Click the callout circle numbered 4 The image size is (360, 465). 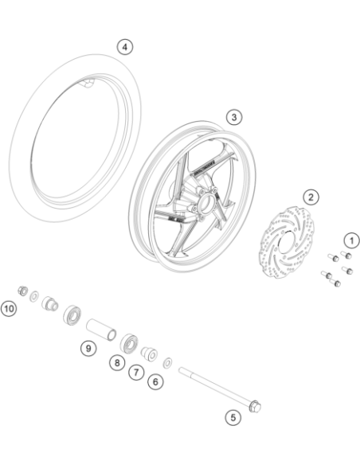point(125,47)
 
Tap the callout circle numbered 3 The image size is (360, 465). point(234,117)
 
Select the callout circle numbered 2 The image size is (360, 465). point(311,197)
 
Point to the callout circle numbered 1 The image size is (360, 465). point(352,240)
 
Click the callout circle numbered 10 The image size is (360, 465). point(9,309)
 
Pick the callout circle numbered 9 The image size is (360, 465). point(88,348)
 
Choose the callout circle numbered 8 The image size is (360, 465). point(117,362)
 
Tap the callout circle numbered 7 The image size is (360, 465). point(136,372)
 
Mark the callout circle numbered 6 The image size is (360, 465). point(155,381)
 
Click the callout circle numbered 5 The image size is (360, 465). point(233,417)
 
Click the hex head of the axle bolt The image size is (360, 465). point(255,406)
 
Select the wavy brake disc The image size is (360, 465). point(287,243)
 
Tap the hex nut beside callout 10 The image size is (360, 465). point(22,291)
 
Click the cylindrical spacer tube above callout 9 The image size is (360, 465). point(101,330)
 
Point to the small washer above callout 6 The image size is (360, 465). point(168,362)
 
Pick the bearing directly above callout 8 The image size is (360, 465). point(130,342)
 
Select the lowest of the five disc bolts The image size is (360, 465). point(335,283)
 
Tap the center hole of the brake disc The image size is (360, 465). point(286,243)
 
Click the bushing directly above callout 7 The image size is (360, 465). point(149,354)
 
